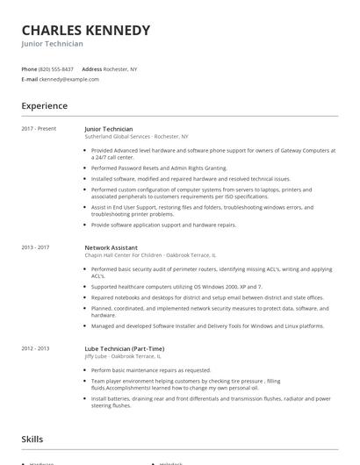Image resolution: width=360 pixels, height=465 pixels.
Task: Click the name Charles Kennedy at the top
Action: tap(85, 30)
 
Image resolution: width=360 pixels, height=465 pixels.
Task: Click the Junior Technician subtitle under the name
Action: tap(53, 44)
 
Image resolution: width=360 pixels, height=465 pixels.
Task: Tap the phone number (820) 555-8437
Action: tap(57, 68)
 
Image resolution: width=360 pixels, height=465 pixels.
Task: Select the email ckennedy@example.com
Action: tap(68, 79)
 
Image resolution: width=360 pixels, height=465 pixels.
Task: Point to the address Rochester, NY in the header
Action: tap(121, 68)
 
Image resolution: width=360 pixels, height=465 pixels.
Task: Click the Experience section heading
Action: tap(44, 106)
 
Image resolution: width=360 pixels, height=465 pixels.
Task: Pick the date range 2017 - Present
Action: tap(38, 128)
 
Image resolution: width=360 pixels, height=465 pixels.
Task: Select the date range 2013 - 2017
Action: tap(36, 247)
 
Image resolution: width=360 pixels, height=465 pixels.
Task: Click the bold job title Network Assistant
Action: tap(110, 247)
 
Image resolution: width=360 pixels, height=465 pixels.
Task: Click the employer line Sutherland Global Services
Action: tap(136, 137)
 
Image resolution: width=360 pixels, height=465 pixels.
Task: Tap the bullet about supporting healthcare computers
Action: tap(176, 287)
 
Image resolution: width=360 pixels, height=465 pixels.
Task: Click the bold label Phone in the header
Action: tap(29, 68)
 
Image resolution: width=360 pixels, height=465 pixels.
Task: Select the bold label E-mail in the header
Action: tap(29, 79)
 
